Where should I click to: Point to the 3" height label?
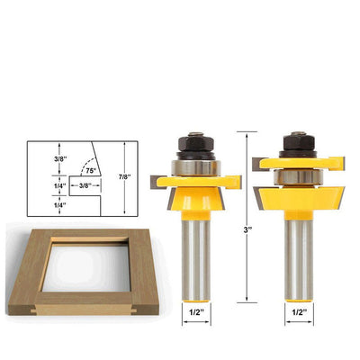[247, 230]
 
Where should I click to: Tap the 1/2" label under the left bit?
[196, 312]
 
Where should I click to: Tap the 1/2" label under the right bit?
[300, 312]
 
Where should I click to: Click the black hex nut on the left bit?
[195, 143]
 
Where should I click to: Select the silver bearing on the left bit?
[196, 167]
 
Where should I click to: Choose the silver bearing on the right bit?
[298, 177]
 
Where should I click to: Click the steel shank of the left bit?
[196, 259]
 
